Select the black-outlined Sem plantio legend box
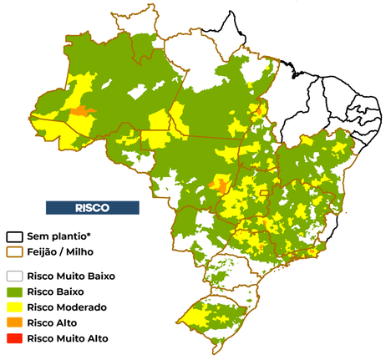(x=15, y=236)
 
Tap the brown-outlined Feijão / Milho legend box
(x=15, y=251)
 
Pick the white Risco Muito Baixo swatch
(x=15, y=275)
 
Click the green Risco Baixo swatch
(x=15, y=291)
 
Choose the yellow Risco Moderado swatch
(x=15, y=307)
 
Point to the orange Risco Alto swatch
(x=15, y=322)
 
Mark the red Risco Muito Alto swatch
(x=15, y=338)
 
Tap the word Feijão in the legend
(x=44, y=251)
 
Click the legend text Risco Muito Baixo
(x=71, y=275)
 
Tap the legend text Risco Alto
(x=51, y=322)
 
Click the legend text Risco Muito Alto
(x=68, y=338)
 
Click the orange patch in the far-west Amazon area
(x=82, y=110)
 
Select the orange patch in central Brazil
(x=220, y=183)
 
